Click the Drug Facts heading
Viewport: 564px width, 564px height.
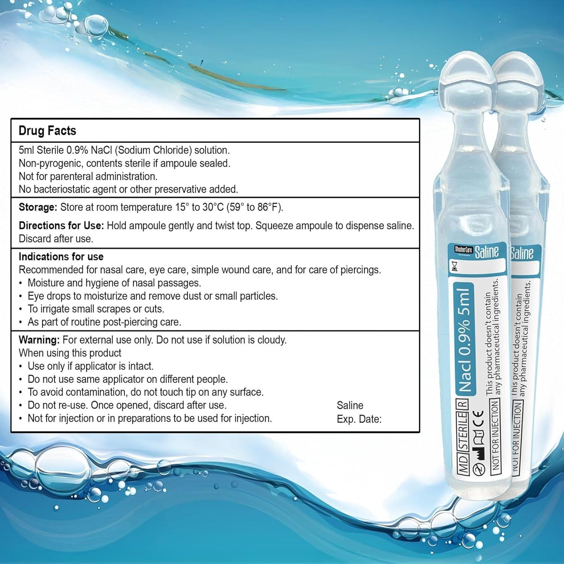coord(47,131)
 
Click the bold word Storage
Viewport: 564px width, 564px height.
coord(38,207)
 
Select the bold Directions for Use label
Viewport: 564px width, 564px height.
coord(61,226)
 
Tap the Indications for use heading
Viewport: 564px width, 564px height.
coord(61,257)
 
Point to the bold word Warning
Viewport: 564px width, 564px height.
coord(39,340)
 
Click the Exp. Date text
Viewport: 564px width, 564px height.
coord(359,419)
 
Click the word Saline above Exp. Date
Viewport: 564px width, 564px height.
coord(350,405)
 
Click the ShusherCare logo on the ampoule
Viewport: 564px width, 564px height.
coord(463,249)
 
